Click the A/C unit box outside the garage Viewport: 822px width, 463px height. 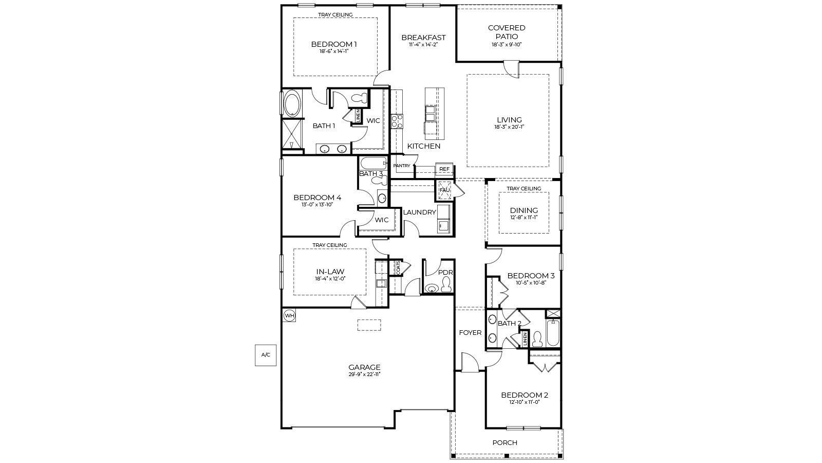coord(266,355)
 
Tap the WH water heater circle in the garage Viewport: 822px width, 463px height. coord(289,315)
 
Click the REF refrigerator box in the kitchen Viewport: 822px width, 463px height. coord(444,169)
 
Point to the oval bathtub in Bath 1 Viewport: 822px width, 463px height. coord(293,103)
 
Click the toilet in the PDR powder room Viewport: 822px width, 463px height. coord(446,284)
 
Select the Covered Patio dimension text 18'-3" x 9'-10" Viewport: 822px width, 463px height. coord(507,44)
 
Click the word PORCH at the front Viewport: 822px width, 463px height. coord(505,442)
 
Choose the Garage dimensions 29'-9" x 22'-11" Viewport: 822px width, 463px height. coord(364,374)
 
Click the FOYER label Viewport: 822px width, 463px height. coord(470,333)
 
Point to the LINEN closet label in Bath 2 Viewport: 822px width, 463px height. coord(525,339)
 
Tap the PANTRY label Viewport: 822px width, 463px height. coord(402,166)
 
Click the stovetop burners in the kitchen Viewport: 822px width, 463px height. coord(397,121)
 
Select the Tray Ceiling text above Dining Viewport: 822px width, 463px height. coord(524,189)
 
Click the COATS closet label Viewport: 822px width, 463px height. coord(398,268)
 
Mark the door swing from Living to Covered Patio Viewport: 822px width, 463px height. coord(512,69)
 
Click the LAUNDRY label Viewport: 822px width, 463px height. coord(419,212)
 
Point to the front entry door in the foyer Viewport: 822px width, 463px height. coord(470,363)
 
